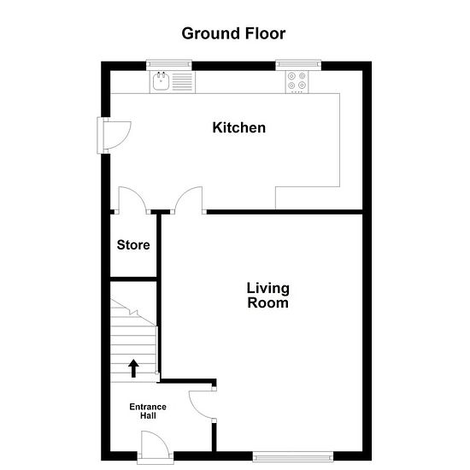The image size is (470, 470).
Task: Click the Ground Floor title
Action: coord(233,33)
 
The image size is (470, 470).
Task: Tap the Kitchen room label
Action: coord(239,127)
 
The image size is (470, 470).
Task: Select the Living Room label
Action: coord(268,296)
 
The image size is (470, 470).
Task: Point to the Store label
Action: coord(133,245)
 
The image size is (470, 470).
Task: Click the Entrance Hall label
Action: coord(148,411)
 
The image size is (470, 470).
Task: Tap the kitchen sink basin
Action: coord(161,81)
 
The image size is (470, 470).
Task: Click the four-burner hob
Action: coord(297,81)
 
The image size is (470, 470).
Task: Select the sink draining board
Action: coord(182,82)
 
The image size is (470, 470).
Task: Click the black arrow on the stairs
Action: coord(133,368)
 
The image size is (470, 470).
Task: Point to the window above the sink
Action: coord(169,64)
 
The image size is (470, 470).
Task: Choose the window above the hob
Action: coord(298,64)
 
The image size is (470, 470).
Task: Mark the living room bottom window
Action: coord(293,457)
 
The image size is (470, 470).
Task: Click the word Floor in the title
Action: coord(265,33)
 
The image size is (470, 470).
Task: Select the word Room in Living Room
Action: coord(268,303)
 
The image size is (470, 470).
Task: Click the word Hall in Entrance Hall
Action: coord(148,416)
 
